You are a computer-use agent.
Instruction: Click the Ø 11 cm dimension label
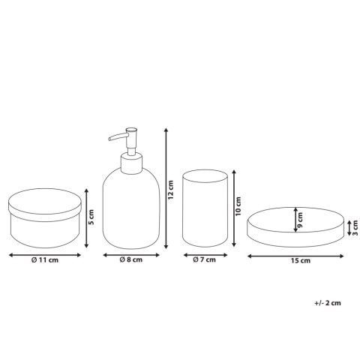(x=45, y=260)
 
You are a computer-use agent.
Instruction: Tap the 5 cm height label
(x=91, y=217)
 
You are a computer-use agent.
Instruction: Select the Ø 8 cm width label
(x=130, y=259)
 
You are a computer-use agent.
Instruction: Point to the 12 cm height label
(x=170, y=190)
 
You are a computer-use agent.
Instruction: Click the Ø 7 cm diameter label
(x=204, y=259)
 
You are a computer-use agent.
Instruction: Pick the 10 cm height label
(x=238, y=206)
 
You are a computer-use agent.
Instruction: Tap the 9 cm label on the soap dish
(x=300, y=220)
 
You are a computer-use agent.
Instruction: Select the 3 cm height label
(x=355, y=228)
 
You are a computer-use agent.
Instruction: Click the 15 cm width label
(x=301, y=261)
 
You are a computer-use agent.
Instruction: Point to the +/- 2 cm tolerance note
(x=328, y=303)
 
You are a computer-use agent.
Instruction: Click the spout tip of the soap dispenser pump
(x=109, y=139)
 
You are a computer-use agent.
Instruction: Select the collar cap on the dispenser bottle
(x=132, y=163)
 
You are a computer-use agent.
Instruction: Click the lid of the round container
(x=45, y=205)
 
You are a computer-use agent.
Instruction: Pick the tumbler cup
(x=205, y=208)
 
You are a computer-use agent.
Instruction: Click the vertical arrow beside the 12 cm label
(x=166, y=188)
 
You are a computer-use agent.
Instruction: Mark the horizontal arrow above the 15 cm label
(x=295, y=256)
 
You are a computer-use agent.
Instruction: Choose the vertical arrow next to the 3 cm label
(x=349, y=228)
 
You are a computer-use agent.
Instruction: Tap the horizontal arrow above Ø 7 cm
(x=205, y=255)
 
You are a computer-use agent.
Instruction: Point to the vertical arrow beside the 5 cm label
(x=86, y=218)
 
